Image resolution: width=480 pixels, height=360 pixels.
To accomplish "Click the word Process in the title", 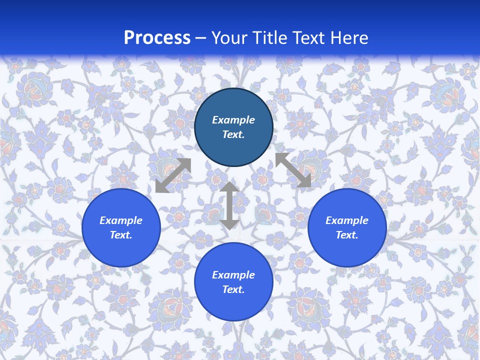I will tap(157, 38).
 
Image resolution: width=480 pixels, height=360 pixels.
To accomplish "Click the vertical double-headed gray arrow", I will tap(229, 205).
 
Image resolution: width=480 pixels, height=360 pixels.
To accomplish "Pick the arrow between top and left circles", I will tap(173, 175).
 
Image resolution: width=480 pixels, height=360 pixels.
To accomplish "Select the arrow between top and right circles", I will tap(293, 170).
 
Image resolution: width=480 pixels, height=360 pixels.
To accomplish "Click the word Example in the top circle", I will tap(233, 120).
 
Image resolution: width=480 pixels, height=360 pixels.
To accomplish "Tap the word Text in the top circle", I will tap(233, 134).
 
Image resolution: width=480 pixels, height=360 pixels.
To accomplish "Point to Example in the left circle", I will tap(121, 220).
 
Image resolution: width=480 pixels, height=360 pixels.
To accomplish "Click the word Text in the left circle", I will tap(121, 235).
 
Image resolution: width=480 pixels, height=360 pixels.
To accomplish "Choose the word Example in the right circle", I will tap(347, 220).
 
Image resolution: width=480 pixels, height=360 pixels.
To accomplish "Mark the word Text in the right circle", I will tap(347, 235).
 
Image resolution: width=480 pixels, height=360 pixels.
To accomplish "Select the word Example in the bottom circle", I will tap(233, 275).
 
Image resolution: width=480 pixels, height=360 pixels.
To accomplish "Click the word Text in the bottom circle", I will tap(233, 289).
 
